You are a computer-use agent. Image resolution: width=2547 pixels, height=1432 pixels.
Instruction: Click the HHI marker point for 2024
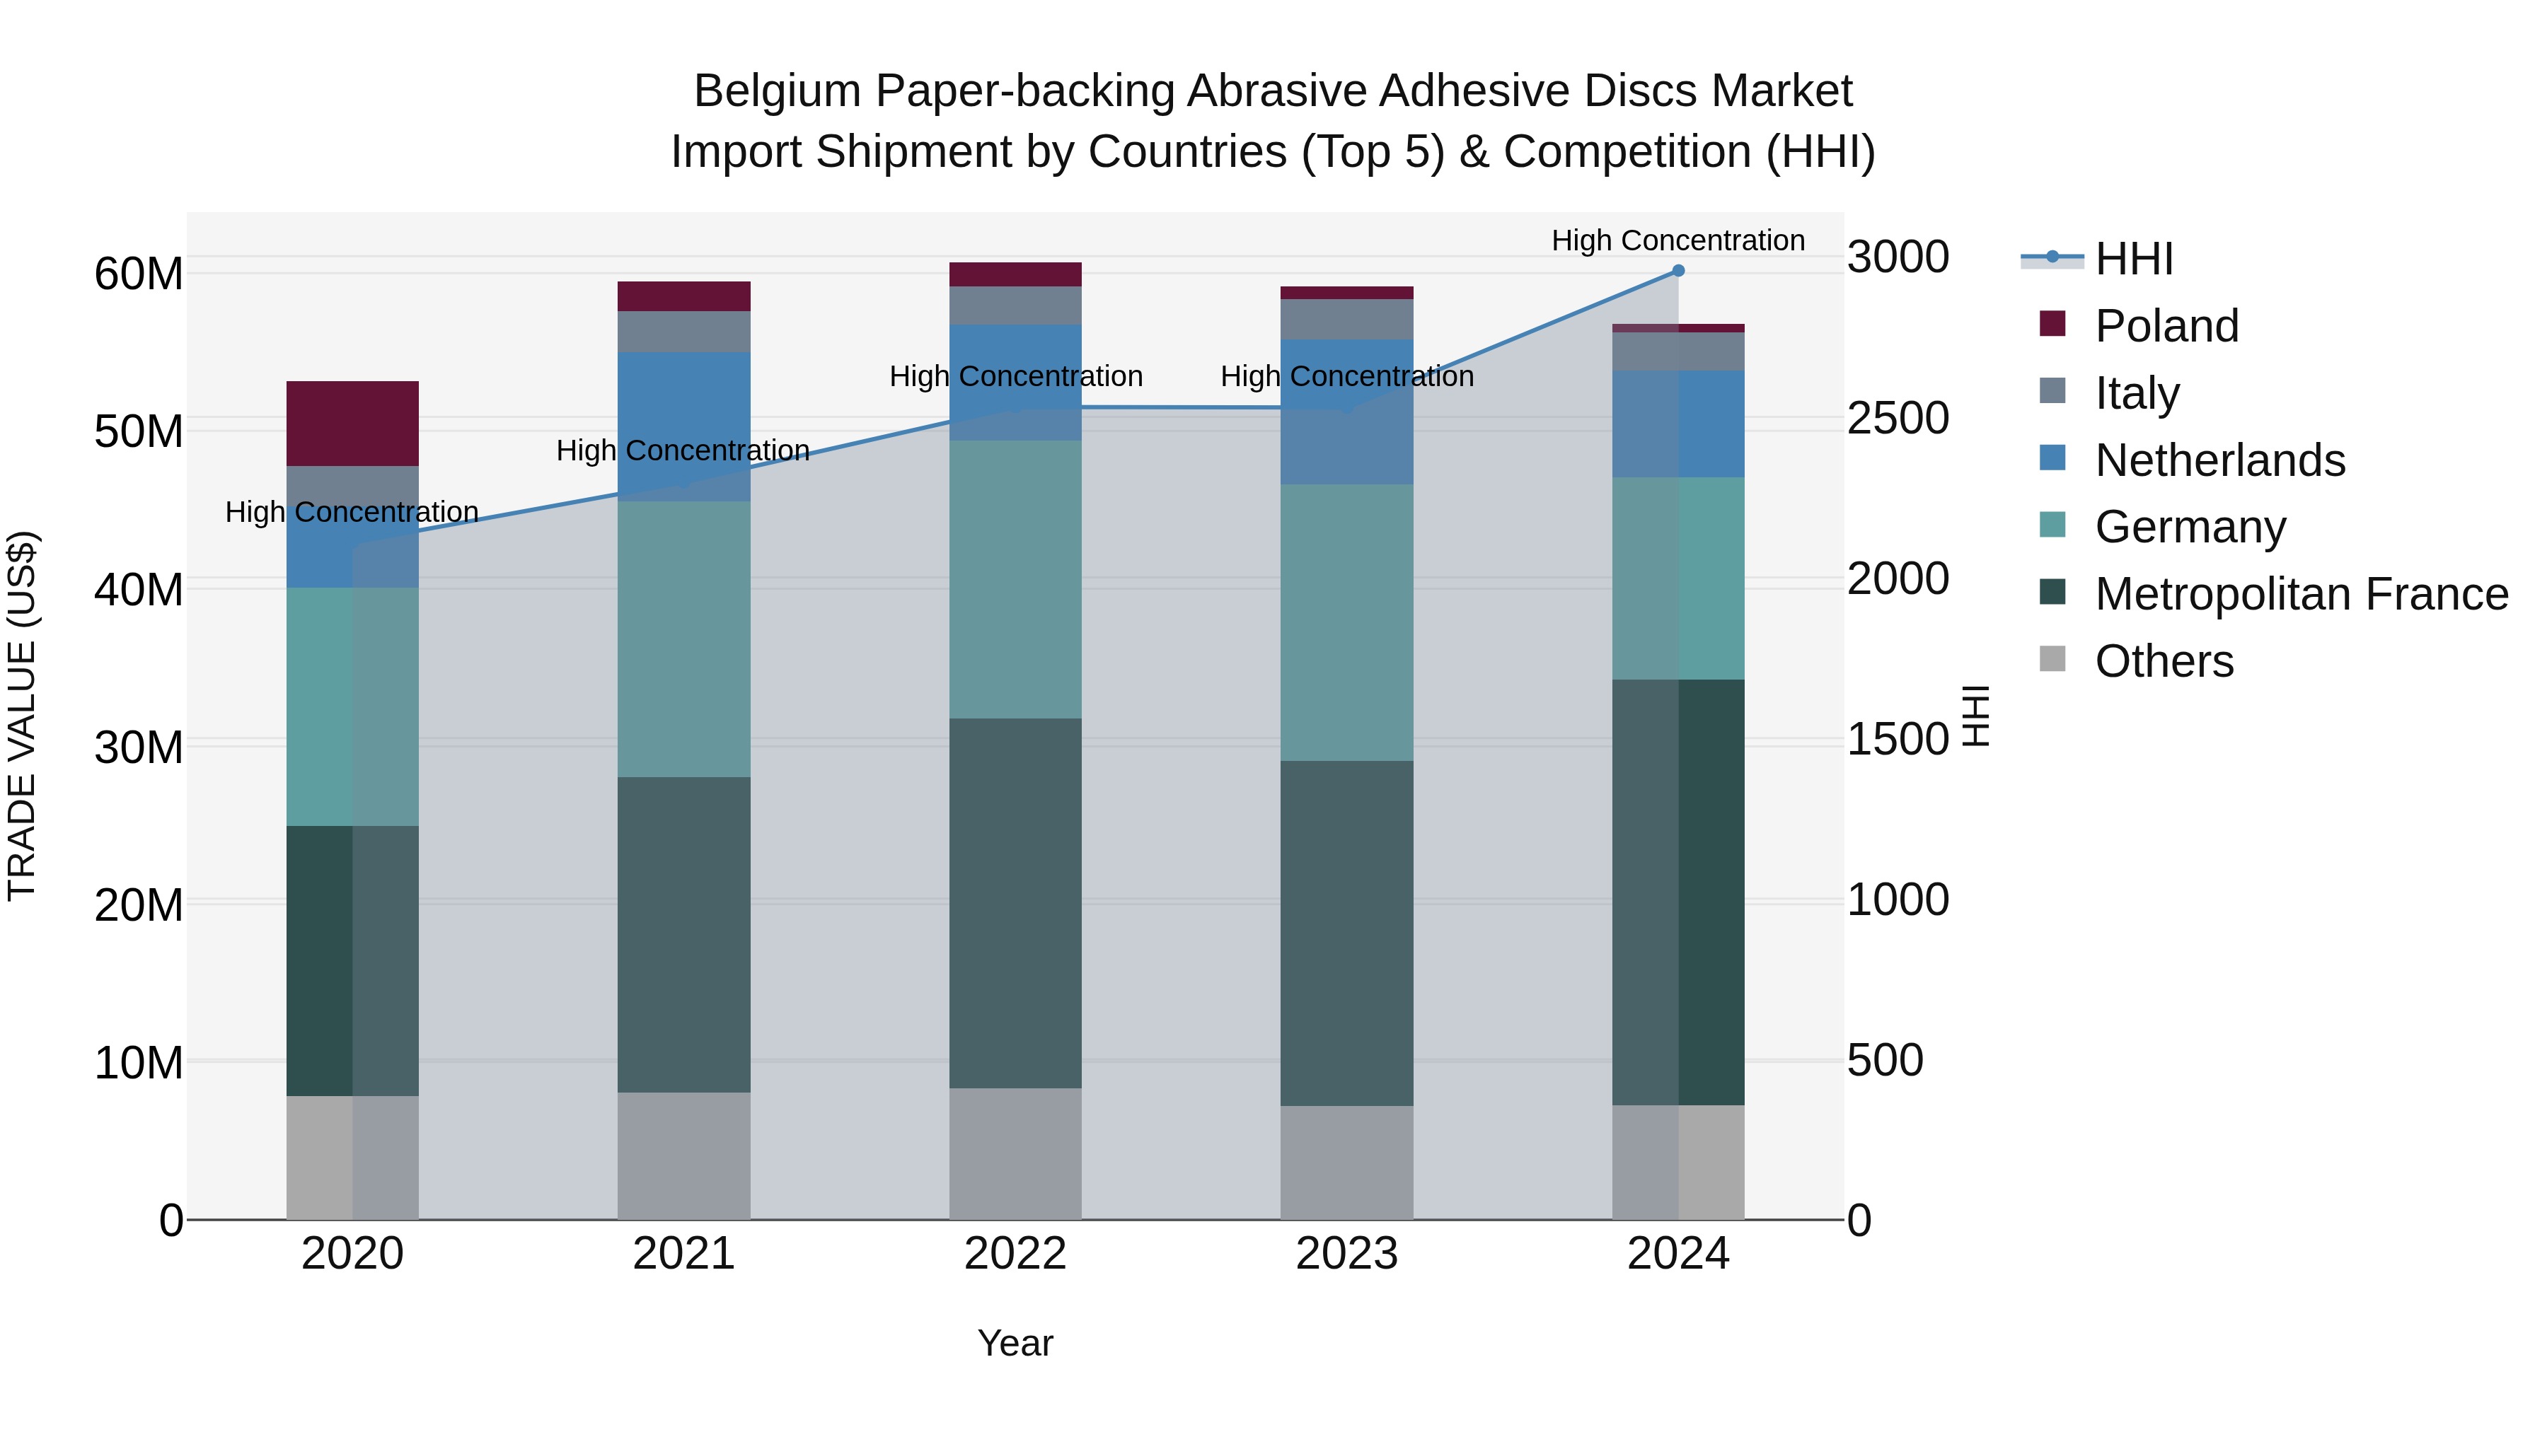coord(1678,271)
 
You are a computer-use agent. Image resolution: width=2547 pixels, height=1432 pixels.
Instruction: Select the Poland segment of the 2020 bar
coord(352,423)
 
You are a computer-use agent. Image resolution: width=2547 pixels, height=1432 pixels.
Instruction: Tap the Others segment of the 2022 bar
coord(1015,1153)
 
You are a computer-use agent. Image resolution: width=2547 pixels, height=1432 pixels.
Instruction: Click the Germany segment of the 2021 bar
coord(683,639)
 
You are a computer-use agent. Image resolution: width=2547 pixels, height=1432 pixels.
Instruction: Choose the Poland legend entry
coord(2166,326)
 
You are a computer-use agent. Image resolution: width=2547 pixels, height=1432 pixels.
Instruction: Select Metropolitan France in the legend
coord(2300,594)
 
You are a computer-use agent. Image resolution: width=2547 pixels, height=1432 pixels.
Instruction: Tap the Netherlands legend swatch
coord(2052,458)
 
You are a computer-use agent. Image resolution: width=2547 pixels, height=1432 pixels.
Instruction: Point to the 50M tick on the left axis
coord(139,432)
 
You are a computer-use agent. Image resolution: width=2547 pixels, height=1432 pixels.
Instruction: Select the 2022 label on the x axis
coord(1015,1254)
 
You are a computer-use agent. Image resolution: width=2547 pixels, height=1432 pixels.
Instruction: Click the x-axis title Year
coord(1015,1343)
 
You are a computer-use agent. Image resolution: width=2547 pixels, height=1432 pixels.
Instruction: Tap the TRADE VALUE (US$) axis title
coord(22,716)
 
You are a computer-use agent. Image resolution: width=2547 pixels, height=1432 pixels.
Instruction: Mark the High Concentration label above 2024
coord(1678,240)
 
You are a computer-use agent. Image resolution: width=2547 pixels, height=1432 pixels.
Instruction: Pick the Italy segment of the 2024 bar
coord(1678,352)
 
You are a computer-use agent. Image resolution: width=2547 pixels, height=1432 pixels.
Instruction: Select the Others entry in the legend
coord(2164,661)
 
